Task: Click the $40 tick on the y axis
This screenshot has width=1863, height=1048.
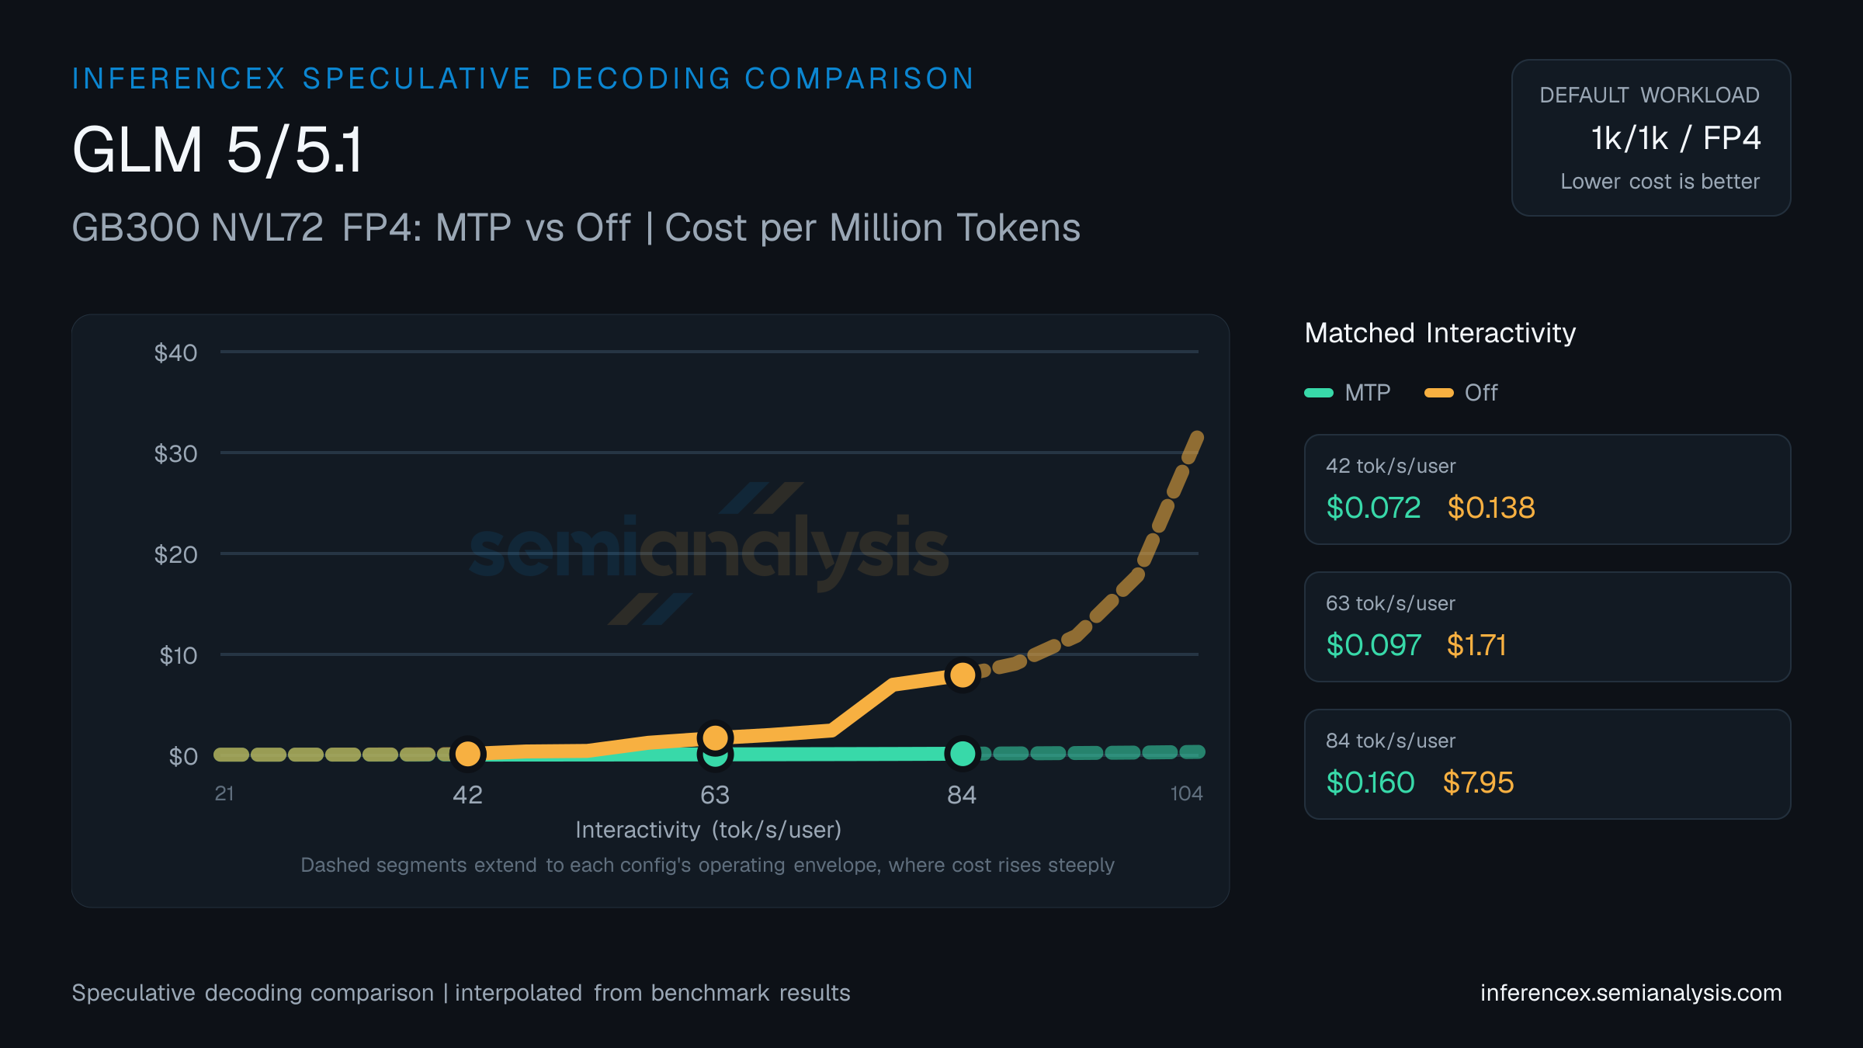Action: pyautogui.click(x=175, y=353)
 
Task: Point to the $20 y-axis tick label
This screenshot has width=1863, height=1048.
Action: pyautogui.click(x=175, y=555)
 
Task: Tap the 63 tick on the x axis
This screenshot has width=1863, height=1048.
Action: pyautogui.click(x=715, y=795)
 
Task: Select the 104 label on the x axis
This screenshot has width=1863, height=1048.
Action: pyautogui.click(x=1186, y=793)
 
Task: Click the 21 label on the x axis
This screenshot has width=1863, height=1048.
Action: pyautogui.click(x=224, y=793)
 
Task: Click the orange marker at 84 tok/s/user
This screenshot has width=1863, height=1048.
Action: pyautogui.click(x=963, y=675)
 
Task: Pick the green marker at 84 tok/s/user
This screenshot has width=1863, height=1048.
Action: pyautogui.click(x=963, y=753)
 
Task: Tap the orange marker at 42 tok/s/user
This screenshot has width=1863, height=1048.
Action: pyautogui.click(x=468, y=753)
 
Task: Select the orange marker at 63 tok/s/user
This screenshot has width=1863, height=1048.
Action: pyautogui.click(x=715, y=737)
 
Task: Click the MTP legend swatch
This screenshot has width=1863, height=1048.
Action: pyautogui.click(x=1319, y=393)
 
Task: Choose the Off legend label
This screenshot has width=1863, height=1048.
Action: pyautogui.click(x=1481, y=393)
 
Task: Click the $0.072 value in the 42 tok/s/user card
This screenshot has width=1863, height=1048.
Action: pyautogui.click(x=1373, y=508)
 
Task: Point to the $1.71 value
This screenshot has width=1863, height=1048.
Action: pyautogui.click(x=1476, y=645)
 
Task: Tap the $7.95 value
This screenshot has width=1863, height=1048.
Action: pyautogui.click(x=1478, y=783)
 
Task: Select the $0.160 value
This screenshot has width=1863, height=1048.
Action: pyautogui.click(x=1370, y=783)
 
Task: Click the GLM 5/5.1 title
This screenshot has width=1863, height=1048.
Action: pyautogui.click(x=217, y=150)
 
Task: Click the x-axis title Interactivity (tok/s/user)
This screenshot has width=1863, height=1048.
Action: pyautogui.click(x=709, y=831)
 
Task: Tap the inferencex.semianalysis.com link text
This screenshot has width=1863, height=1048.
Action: pyautogui.click(x=1631, y=993)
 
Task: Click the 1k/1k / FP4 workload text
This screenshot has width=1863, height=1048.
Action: pyautogui.click(x=1676, y=138)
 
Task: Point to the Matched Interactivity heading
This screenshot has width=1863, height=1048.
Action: pyautogui.click(x=1440, y=333)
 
